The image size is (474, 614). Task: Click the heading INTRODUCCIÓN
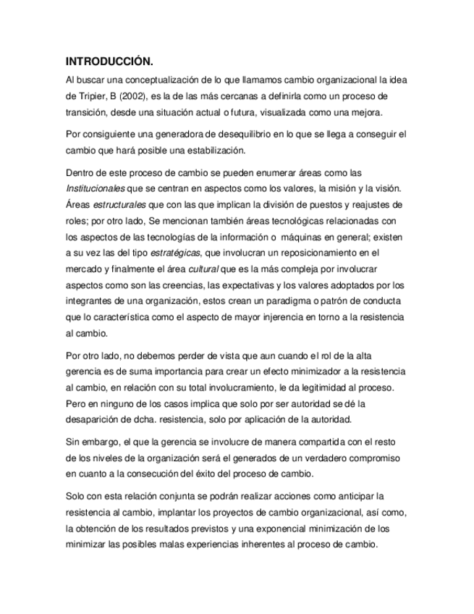109,61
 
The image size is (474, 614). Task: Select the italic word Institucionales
95,189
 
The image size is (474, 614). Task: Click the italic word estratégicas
177,252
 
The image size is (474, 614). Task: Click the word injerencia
302,317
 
